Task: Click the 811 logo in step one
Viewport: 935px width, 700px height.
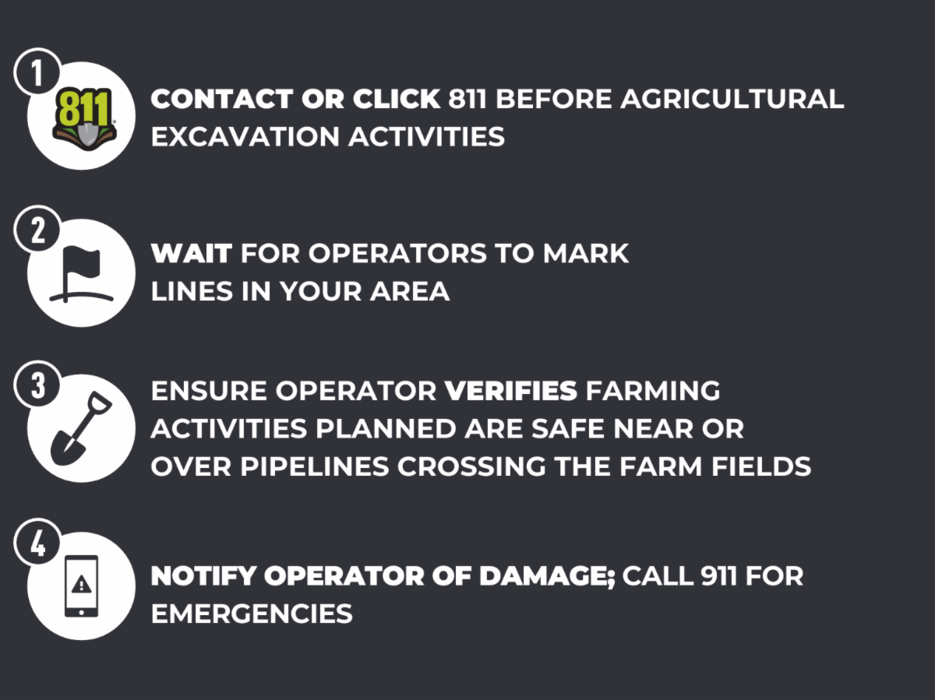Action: click(83, 117)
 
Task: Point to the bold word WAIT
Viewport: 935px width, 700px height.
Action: click(192, 253)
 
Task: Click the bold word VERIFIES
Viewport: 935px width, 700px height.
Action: click(510, 391)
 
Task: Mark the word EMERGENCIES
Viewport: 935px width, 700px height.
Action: click(252, 614)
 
